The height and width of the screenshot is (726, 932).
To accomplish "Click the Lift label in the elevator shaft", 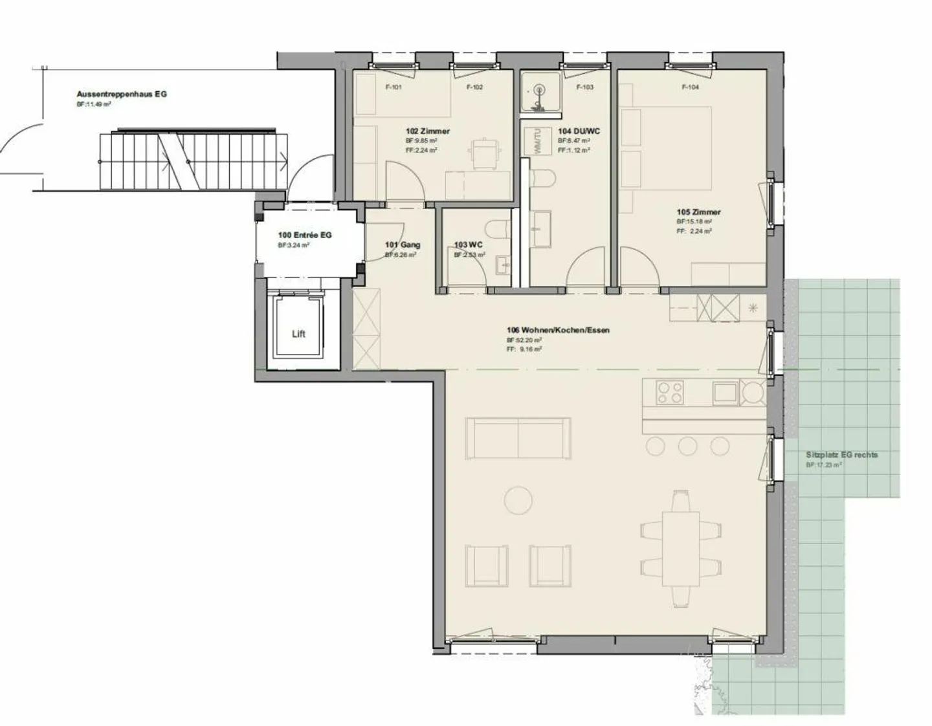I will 298,334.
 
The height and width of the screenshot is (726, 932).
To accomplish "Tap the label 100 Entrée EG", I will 304,235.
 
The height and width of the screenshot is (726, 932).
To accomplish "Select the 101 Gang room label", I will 402,245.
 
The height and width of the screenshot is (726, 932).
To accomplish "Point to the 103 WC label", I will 468,245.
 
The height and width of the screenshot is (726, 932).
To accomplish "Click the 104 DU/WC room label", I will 579,131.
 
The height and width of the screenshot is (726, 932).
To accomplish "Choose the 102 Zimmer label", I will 427,131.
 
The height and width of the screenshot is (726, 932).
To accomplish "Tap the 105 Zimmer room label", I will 698,212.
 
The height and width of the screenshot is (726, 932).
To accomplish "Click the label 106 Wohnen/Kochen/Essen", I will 558,330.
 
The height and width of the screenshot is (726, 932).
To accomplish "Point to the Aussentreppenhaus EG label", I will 122,94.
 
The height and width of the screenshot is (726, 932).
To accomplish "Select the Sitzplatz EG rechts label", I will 841,455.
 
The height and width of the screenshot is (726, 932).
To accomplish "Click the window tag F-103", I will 584,87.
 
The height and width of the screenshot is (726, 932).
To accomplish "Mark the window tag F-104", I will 690,87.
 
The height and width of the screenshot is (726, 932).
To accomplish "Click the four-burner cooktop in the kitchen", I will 670,392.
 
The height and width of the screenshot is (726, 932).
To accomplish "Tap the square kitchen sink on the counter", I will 724,392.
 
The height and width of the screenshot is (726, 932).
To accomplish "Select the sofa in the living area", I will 518,438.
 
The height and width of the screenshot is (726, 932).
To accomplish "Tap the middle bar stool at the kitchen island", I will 687,445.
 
